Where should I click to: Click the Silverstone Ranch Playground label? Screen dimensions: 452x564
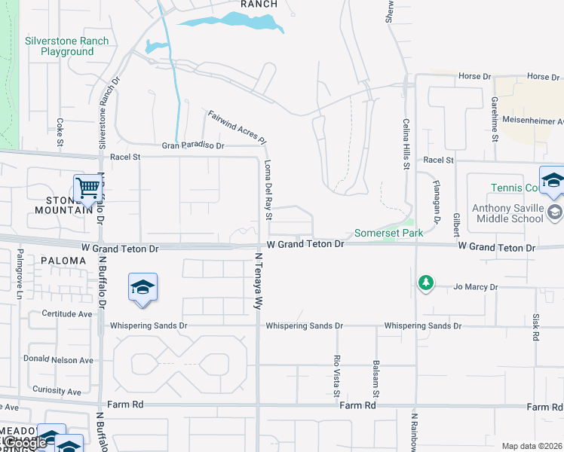click(66, 47)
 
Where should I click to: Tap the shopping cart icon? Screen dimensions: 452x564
click(88, 187)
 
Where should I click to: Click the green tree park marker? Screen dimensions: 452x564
click(426, 283)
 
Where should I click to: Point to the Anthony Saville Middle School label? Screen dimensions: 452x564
click(517, 213)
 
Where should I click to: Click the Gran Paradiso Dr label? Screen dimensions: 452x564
click(194, 145)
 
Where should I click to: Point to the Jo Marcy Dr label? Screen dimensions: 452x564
click(476, 287)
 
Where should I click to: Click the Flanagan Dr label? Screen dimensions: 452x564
click(436, 201)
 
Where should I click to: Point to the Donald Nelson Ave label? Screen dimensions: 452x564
click(60, 360)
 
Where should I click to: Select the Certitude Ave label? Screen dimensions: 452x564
click(67, 313)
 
